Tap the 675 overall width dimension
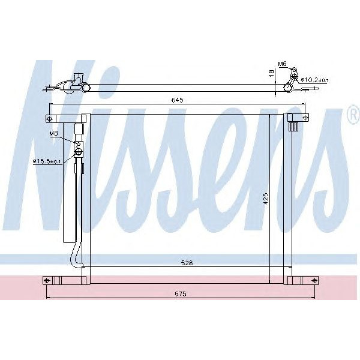tap(181, 293)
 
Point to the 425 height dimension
tap(265, 199)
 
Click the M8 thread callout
tap(53, 134)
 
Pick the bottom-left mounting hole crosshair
tap(46, 280)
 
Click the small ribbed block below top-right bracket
tap(294, 127)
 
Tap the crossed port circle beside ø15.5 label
tap(79, 152)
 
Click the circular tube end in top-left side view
tap(86, 89)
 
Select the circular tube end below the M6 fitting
tap(287, 88)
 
